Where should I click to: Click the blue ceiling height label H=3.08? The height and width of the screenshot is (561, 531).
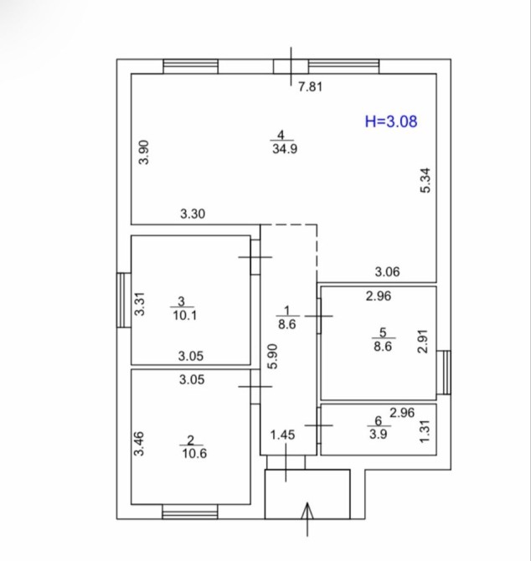(391, 121)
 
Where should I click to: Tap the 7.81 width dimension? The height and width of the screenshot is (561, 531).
(311, 87)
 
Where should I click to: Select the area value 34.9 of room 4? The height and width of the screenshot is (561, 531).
(285, 148)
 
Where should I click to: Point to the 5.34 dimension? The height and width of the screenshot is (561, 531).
(425, 181)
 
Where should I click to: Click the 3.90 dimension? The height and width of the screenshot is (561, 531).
(144, 152)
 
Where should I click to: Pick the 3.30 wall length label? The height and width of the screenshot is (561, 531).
(193, 214)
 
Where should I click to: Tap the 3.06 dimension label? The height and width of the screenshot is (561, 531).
(387, 272)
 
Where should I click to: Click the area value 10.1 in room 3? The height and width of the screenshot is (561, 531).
(184, 316)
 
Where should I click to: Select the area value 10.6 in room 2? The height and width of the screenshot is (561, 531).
(194, 453)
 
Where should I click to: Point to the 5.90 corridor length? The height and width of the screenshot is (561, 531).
(273, 357)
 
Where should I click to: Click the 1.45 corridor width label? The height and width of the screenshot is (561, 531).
(283, 435)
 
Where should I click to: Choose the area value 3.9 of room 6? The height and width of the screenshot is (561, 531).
(379, 435)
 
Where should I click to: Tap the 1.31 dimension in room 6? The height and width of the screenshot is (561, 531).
(424, 430)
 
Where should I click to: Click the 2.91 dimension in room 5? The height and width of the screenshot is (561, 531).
(423, 342)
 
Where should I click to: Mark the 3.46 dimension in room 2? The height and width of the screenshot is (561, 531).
(139, 444)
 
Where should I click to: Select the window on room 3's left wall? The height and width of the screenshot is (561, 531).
(124, 301)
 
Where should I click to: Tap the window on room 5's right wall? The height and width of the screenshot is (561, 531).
(444, 373)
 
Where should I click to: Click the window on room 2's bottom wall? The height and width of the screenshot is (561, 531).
(190, 512)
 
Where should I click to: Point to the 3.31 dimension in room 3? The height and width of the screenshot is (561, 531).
(140, 304)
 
